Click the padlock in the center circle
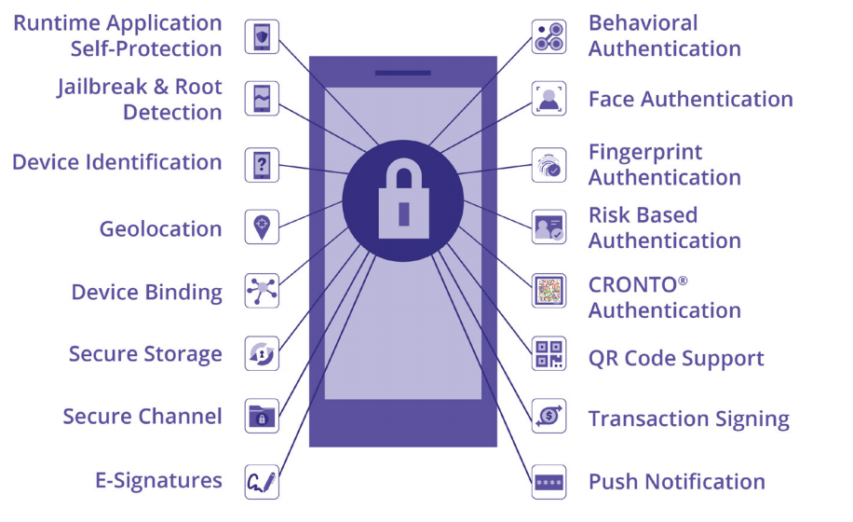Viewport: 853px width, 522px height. click(402, 199)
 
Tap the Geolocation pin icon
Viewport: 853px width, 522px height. click(262, 227)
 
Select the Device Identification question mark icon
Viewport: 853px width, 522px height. click(262, 164)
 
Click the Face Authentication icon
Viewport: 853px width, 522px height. click(548, 99)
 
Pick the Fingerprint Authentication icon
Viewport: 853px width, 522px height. click(548, 164)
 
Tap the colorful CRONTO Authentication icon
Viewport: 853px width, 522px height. click(548, 291)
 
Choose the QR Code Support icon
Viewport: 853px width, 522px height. click(548, 354)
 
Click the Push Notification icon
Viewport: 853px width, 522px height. click(548, 482)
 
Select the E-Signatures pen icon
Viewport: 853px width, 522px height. click(262, 482)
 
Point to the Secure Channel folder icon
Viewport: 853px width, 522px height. click(262, 417)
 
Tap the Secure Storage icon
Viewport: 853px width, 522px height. click(262, 353)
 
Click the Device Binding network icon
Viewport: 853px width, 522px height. click(262, 291)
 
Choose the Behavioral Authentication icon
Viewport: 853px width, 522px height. click(548, 36)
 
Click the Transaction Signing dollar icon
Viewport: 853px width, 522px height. click(548, 417)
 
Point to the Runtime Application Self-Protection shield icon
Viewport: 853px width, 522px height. click(262, 36)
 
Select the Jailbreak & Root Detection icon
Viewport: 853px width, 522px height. click(262, 99)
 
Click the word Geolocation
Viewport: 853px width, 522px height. click(160, 229)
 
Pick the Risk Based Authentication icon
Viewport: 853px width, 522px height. click(548, 227)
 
